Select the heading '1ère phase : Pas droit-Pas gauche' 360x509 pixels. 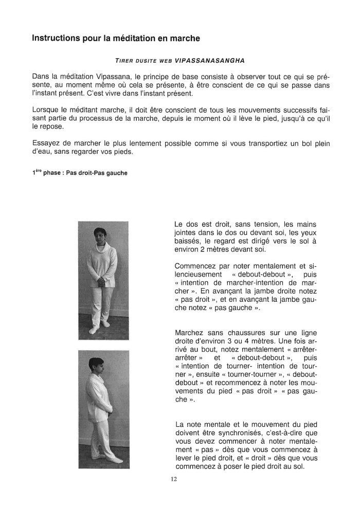click(x=80, y=173)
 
